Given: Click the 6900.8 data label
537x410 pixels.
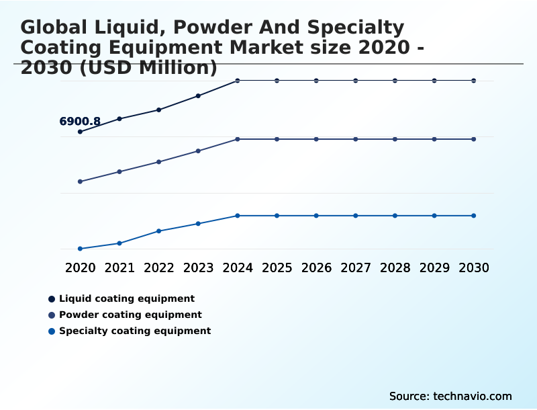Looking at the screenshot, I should pos(80,122).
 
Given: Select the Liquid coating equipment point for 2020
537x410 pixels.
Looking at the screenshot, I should pos(81,132).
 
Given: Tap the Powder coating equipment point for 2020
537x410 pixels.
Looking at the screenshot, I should pos(81,181).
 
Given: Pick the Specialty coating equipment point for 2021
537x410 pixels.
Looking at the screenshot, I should pos(119,243).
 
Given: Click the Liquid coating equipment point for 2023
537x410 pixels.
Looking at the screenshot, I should pos(198,95).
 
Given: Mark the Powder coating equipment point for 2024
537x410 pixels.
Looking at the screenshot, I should pos(238,139).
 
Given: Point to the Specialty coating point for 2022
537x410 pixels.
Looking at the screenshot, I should pos(159,231).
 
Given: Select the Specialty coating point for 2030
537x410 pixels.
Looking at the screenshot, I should pos(474,216).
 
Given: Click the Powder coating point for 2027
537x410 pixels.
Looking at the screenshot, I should pos(356,139).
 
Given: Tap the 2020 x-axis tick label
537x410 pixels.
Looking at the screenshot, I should pos(81,268).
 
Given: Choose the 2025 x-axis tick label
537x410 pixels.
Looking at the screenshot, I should pos(277,268).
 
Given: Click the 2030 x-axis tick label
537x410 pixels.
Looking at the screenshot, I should pos(474,268).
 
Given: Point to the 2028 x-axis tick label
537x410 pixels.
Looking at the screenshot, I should pos(395,268).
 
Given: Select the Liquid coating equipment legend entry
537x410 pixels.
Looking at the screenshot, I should pos(127,298).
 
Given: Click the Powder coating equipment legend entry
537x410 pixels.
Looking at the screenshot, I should pos(130,315).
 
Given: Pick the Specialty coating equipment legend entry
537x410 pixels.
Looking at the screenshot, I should pos(135,331).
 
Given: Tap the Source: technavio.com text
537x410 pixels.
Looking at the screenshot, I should pos(450,396).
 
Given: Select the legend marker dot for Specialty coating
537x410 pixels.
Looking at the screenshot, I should pos(52,331).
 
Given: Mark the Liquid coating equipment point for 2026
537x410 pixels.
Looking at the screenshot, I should pos(316,81).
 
